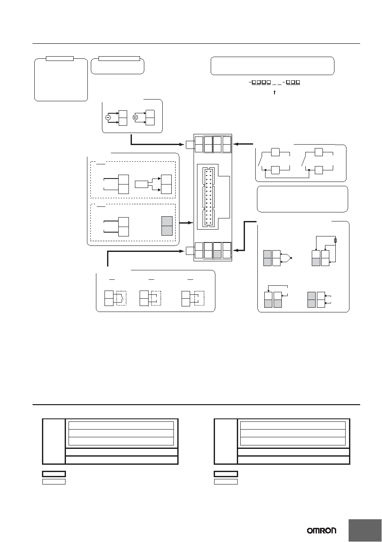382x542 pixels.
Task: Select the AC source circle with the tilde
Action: click(108, 118)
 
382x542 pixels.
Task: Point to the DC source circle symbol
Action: click(135, 118)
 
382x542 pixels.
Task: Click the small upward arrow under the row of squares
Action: click(275, 92)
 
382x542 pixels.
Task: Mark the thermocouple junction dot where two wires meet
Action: click(291, 258)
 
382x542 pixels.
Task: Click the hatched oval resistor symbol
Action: click(335, 240)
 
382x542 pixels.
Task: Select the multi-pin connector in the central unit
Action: click(208, 197)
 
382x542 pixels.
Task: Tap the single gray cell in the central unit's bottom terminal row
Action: click(217, 254)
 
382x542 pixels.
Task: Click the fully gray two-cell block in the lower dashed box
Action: click(167, 226)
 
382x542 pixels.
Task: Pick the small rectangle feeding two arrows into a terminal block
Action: click(141, 185)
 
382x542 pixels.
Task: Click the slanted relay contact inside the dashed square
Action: click(122, 297)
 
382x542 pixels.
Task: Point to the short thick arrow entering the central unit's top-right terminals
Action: click(244, 144)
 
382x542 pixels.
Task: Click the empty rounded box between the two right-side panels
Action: click(302, 199)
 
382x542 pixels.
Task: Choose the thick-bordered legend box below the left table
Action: click(54, 474)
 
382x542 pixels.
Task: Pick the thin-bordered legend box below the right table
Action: click(226, 481)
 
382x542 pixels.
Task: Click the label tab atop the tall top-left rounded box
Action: click(60, 58)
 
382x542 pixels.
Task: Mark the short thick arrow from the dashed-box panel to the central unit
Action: click(186, 223)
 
